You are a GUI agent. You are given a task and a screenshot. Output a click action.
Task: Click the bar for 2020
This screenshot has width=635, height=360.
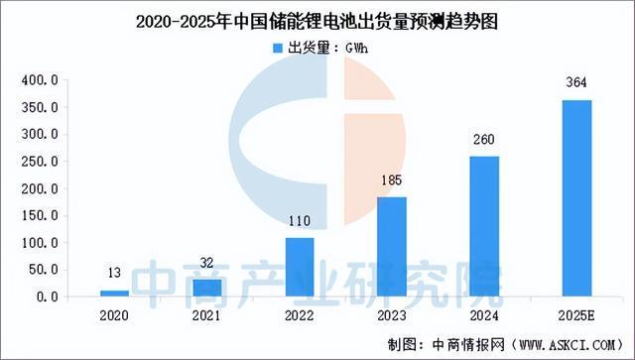coord(115,293)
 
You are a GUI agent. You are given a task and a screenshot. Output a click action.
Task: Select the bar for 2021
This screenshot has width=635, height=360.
coord(207,288)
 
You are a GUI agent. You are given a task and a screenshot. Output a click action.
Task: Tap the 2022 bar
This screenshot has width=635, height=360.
coord(300,267)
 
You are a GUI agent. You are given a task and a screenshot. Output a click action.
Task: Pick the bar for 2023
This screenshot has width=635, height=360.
coord(392,247)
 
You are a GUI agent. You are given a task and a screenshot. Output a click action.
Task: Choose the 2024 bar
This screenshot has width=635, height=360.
coord(485,226)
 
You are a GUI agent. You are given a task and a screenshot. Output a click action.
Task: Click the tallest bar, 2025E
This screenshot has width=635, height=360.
coord(577,198)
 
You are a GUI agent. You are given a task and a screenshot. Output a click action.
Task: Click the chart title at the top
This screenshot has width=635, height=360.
coord(317,17)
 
